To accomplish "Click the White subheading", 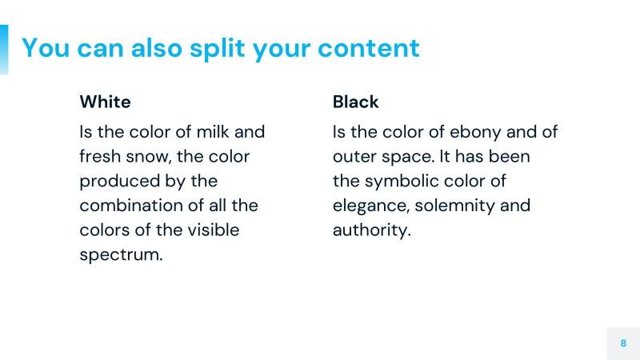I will (105, 102).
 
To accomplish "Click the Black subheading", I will (355, 102).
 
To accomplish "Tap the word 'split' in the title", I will (218, 48).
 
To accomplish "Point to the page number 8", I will (623, 342).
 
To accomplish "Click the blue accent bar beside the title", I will (4, 49).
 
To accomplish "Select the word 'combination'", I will (131, 206).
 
